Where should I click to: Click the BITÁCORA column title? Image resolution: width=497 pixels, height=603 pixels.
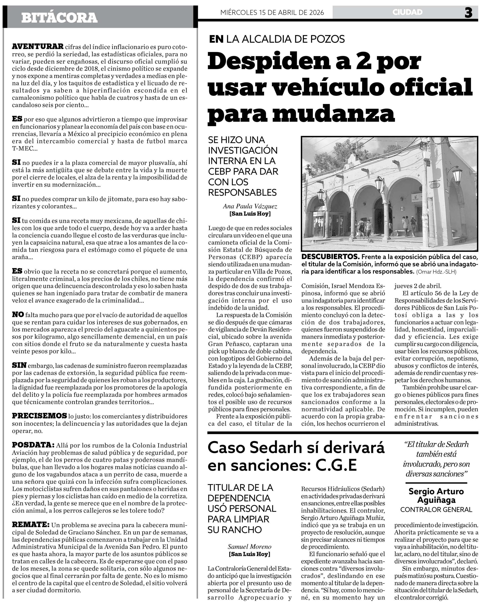point(59,18)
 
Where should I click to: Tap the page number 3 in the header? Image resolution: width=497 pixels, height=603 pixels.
point(468,13)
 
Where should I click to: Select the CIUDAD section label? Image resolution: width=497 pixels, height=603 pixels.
point(407,12)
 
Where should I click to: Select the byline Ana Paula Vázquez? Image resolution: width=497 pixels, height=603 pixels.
point(250,206)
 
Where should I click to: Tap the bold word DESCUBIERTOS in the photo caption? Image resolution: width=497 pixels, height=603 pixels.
point(330,257)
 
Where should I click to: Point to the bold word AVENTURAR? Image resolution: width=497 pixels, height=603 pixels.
point(38,46)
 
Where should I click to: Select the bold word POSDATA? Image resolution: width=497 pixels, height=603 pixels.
point(33,445)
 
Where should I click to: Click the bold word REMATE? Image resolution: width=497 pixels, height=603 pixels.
point(31,525)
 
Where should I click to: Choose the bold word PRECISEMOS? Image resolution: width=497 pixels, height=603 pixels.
point(39,416)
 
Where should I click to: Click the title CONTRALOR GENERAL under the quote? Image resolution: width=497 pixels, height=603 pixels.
point(436,509)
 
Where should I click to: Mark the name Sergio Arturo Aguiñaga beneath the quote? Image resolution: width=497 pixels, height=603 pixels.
point(436,496)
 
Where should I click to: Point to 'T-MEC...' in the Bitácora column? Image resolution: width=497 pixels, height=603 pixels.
point(25,148)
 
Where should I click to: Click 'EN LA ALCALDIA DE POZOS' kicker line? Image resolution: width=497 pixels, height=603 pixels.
point(277,39)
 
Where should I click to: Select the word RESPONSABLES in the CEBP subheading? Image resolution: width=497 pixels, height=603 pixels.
point(242,192)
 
